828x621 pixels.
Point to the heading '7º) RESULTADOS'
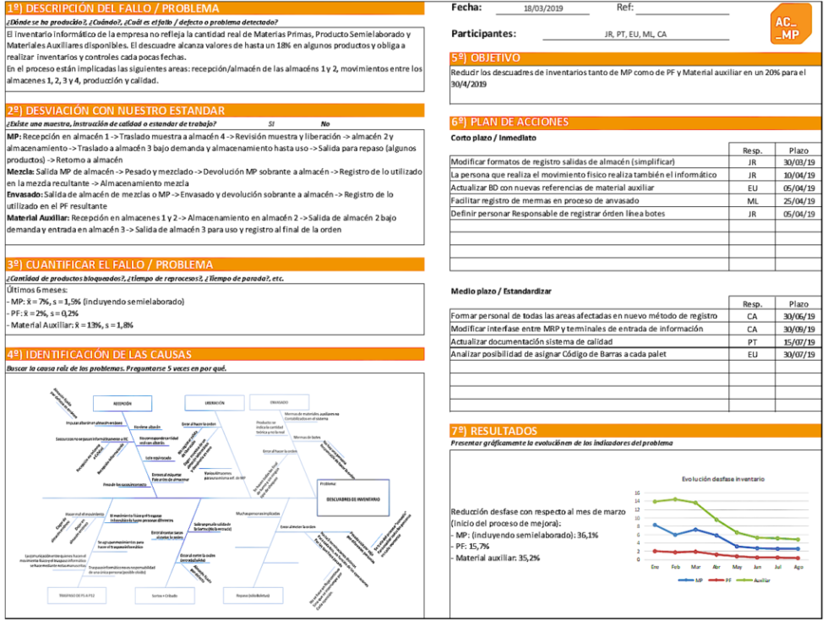point(493,430)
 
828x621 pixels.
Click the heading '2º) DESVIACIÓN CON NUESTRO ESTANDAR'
point(117,111)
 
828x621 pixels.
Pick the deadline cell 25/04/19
point(798,200)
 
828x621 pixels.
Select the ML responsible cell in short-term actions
point(752,200)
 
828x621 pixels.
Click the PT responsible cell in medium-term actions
point(752,340)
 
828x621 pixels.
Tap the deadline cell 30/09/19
point(798,329)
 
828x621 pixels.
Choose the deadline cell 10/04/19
point(798,175)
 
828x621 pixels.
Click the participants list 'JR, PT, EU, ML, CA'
point(635,35)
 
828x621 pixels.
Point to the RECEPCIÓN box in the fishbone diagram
point(122,403)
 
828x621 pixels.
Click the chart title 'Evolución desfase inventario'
point(723,479)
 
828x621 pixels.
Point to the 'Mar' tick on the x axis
point(695,567)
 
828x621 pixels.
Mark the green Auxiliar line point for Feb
point(674,498)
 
